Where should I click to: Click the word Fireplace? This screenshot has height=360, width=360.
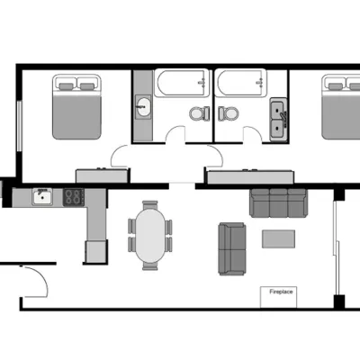coord(281,292)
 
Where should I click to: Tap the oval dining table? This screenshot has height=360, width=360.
coord(150,236)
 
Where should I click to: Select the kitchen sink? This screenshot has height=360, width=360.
coord(42,196)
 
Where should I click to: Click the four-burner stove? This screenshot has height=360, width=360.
coord(73,197)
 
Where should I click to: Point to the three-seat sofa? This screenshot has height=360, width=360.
coord(279,202)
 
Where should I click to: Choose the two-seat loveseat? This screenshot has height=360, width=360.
coord(232,248)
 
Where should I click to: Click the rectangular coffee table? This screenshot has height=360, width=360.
coord(278,238)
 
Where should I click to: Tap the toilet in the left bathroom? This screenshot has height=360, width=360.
coord(200,113)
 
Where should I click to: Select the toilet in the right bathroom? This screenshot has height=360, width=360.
coord(228,113)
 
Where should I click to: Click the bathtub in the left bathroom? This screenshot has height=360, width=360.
coord(182,83)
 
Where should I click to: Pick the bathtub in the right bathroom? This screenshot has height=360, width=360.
coord(241,83)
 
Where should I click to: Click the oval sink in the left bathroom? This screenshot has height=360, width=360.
coord(143,106)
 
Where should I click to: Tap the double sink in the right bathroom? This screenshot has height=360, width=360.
coord(278,120)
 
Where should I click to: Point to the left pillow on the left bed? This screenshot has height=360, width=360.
coord(66,86)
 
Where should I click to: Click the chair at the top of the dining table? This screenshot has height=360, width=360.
coord(150,205)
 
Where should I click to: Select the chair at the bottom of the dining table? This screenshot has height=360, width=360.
coord(150,266)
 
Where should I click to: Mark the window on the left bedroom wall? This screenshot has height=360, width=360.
coord(20,126)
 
